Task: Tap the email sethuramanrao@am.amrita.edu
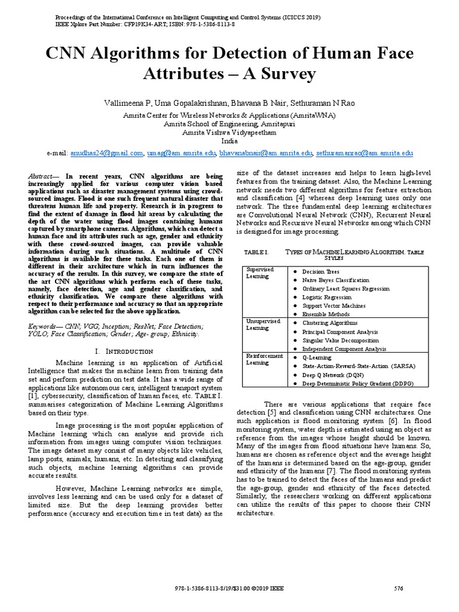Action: pos(365,153)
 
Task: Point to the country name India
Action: pos(229,142)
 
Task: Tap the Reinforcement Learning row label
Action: pos(264,359)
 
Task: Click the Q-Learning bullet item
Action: pos(317,357)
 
